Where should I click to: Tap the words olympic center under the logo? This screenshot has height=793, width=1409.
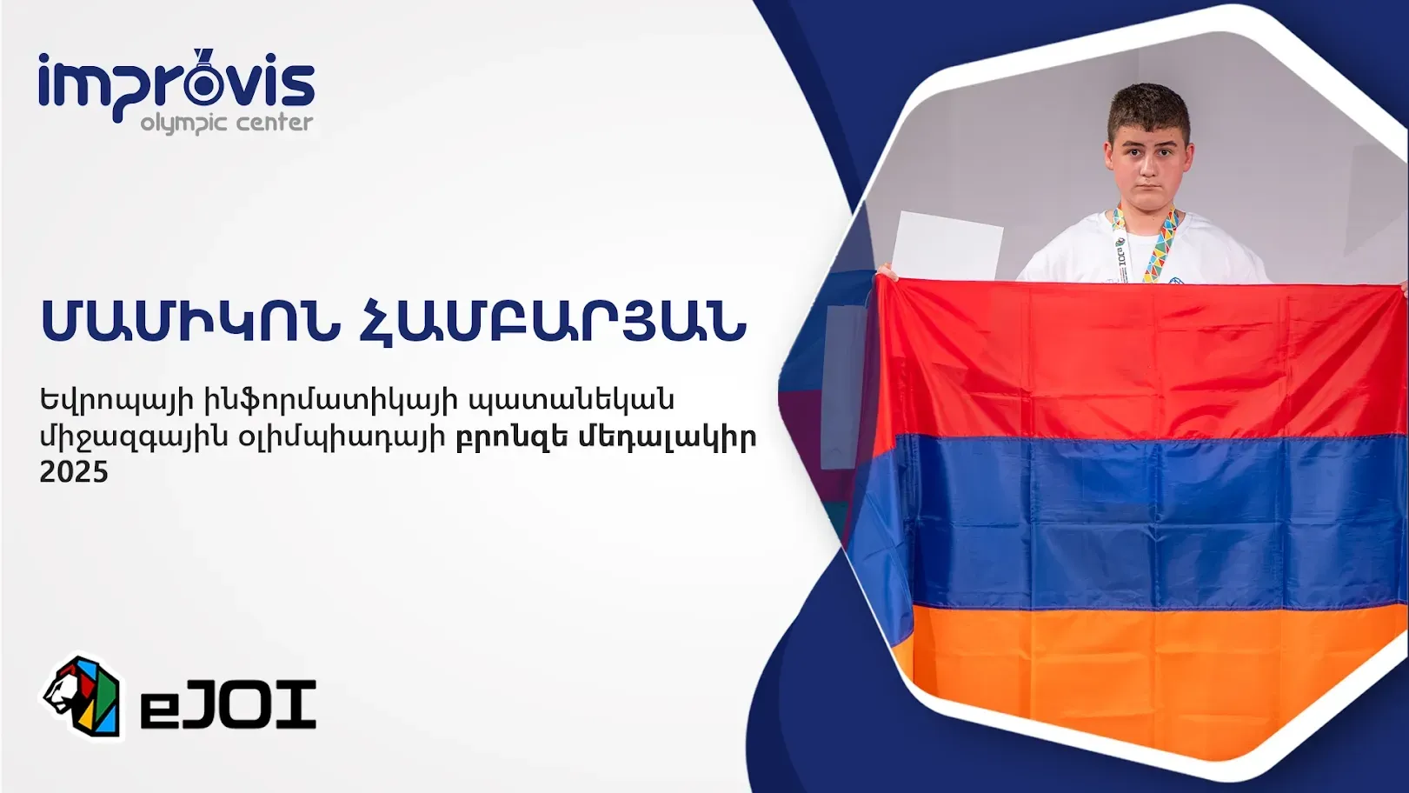tap(227, 122)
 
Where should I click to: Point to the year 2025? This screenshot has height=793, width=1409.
tap(74, 472)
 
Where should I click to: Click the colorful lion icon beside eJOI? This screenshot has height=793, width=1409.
tap(82, 696)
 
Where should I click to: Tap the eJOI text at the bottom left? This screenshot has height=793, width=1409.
tap(228, 705)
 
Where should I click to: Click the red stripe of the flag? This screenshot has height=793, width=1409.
tap(1139, 359)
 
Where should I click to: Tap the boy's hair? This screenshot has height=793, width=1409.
tap(1149, 113)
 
